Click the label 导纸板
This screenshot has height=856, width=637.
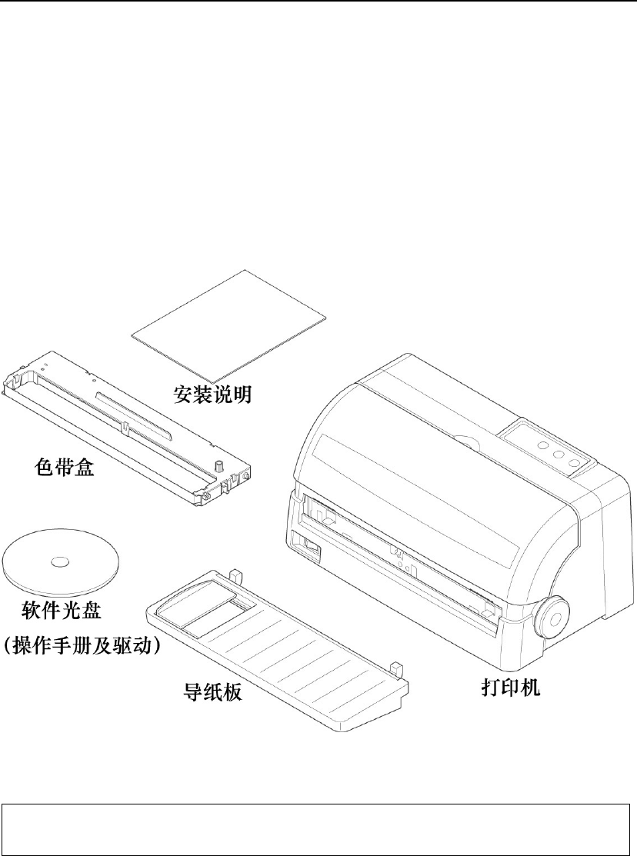[x=206, y=691]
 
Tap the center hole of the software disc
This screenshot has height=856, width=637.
[x=58, y=562]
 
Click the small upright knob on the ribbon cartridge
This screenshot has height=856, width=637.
[x=218, y=466]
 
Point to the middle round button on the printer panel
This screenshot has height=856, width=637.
[x=557, y=455]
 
